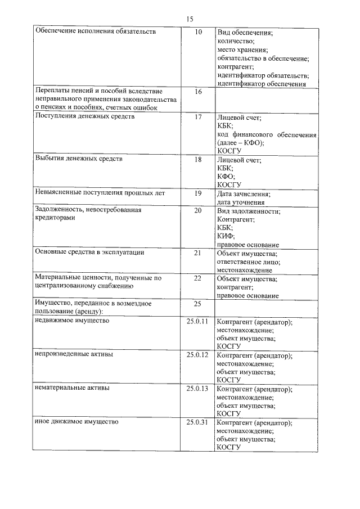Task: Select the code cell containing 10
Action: pyautogui.click(x=197, y=32)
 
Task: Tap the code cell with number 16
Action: pyautogui.click(x=197, y=91)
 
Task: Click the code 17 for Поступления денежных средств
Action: pyautogui.click(x=197, y=117)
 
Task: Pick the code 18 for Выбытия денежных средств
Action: pyautogui.click(x=197, y=159)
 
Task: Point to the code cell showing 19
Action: pyautogui.click(x=197, y=193)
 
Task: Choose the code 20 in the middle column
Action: pyautogui.click(x=197, y=210)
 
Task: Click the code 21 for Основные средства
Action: pyautogui.click(x=197, y=253)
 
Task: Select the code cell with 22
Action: pyautogui.click(x=197, y=278)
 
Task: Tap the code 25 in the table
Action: pyautogui.click(x=197, y=304)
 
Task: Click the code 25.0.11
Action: pyautogui.click(x=197, y=321)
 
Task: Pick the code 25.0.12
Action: pyautogui.click(x=197, y=355)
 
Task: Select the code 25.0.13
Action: pyautogui.click(x=197, y=388)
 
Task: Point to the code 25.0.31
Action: pyautogui.click(x=197, y=422)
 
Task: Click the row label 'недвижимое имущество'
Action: pyautogui.click(x=72, y=321)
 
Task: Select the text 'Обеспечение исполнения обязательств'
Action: pyautogui.click(x=96, y=31)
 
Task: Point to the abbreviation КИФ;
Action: pyautogui.click(x=226, y=236)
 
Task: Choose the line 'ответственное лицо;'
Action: pyautogui.click(x=249, y=262)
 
